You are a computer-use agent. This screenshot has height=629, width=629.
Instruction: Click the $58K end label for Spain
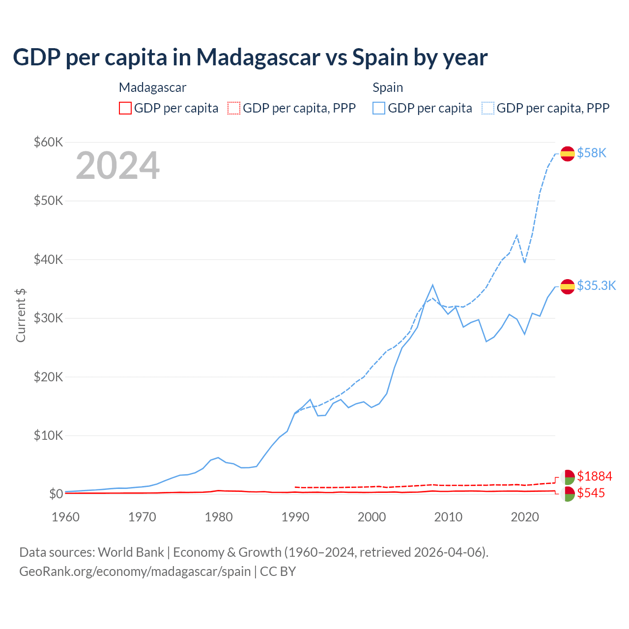[592, 153]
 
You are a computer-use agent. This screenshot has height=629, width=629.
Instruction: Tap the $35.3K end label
[596, 286]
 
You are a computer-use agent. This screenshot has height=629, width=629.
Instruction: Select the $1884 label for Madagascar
[595, 476]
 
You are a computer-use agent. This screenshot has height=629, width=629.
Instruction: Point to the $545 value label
[591, 493]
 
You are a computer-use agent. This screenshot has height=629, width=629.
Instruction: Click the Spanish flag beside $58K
[568, 154]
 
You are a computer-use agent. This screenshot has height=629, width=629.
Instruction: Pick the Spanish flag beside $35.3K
[568, 286]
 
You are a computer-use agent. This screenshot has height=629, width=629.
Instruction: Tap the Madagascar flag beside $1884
[568, 477]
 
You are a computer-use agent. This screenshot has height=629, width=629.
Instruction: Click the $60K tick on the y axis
[48, 143]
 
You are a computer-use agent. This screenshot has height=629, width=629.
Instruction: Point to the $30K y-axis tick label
[48, 318]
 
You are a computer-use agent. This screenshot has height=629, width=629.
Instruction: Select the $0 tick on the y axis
[56, 494]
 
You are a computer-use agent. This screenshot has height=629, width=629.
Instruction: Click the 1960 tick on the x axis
[65, 517]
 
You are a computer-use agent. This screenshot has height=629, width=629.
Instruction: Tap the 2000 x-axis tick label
[372, 517]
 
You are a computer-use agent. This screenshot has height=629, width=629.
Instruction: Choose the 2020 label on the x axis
[525, 517]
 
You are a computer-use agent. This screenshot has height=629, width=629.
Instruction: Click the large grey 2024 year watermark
[117, 166]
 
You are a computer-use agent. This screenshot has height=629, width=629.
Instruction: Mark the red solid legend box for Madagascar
[125, 108]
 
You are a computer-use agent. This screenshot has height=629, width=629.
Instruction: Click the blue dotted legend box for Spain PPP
[488, 108]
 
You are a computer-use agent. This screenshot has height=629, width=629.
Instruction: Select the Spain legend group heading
[388, 87]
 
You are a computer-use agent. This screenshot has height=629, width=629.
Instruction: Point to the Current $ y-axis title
[21, 315]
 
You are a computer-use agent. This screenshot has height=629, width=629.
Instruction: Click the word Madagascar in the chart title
[258, 57]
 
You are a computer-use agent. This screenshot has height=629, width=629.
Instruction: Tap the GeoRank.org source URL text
[135, 572]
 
